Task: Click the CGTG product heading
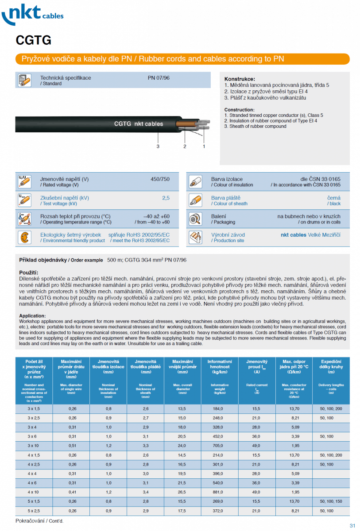[x=33, y=41]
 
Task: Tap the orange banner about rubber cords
[x=182, y=59]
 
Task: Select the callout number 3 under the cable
[x=158, y=146]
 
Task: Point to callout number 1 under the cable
[x=204, y=146]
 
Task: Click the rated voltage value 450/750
[x=160, y=179]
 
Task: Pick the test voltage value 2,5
[x=166, y=198]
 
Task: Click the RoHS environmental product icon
[x=24, y=238]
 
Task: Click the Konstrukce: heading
[x=240, y=79]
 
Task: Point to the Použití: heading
[x=29, y=272]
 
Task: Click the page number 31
[x=352, y=526]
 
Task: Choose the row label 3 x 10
[x=34, y=445]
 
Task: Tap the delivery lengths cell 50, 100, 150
[x=331, y=501]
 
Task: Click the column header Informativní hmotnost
[x=220, y=365]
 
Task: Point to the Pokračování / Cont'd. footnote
[x=39, y=521]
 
